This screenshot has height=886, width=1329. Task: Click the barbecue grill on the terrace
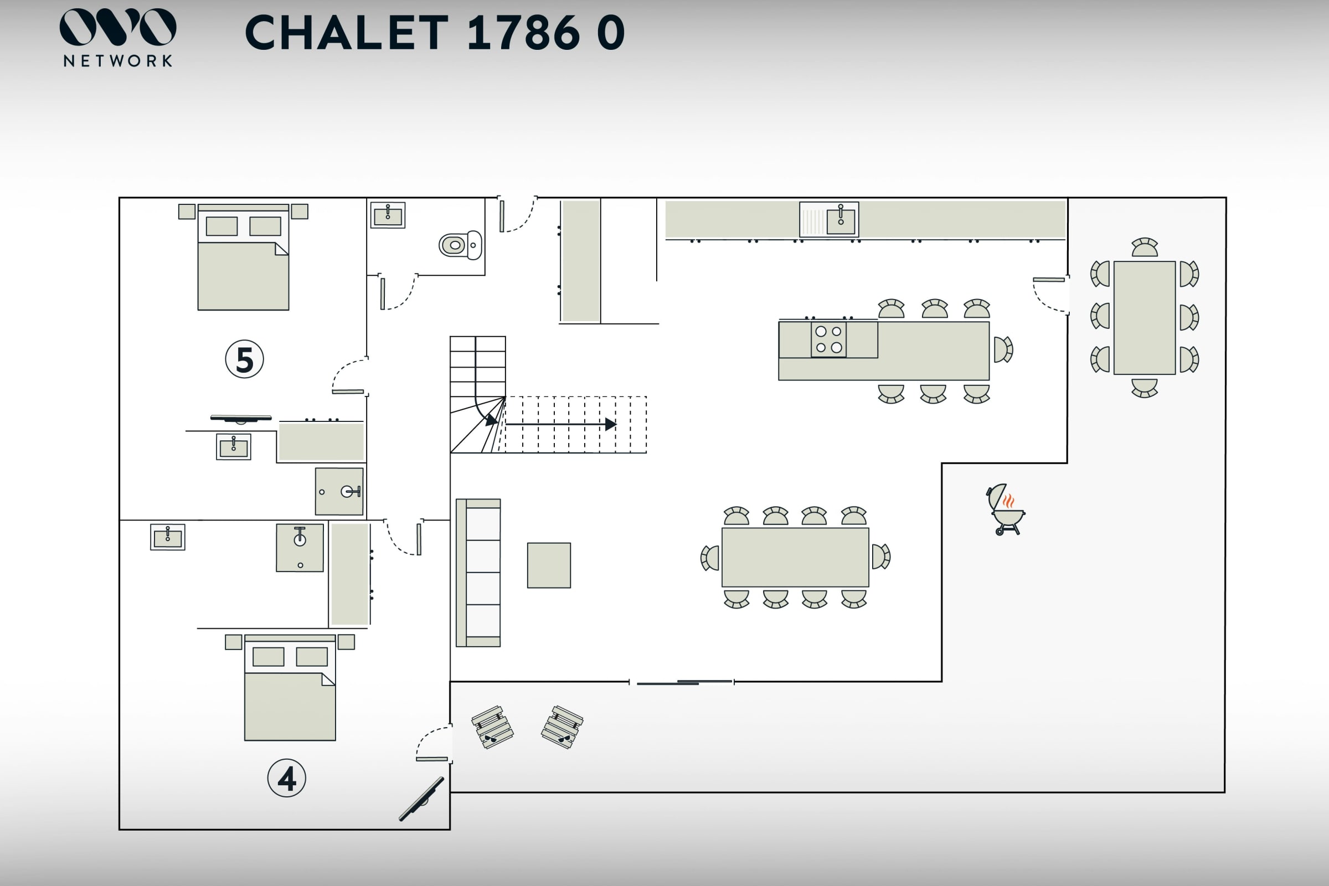click(1005, 509)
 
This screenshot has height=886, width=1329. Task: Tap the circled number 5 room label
click(245, 359)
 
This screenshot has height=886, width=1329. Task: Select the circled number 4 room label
click(286, 778)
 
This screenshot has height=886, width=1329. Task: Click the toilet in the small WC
click(460, 245)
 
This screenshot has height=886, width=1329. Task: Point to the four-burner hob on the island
click(828, 339)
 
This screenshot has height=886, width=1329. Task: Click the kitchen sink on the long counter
click(840, 220)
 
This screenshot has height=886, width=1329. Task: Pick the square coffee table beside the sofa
click(549, 565)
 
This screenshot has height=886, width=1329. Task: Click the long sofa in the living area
click(478, 573)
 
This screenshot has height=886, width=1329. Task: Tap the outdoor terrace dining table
click(1144, 317)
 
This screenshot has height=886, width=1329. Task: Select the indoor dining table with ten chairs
click(795, 557)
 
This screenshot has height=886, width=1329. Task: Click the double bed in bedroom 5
click(243, 257)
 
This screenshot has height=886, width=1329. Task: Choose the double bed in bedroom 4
click(290, 688)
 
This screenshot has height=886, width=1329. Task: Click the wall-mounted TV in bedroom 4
click(421, 799)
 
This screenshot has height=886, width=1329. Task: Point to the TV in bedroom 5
click(241, 418)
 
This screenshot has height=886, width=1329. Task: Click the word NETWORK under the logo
click(117, 61)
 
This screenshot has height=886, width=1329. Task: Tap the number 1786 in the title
click(523, 33)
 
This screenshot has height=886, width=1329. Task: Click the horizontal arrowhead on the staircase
click(610, 424)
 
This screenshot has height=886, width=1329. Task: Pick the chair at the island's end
click(1002, 349)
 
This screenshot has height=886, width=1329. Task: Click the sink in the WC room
click(388, 215)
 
